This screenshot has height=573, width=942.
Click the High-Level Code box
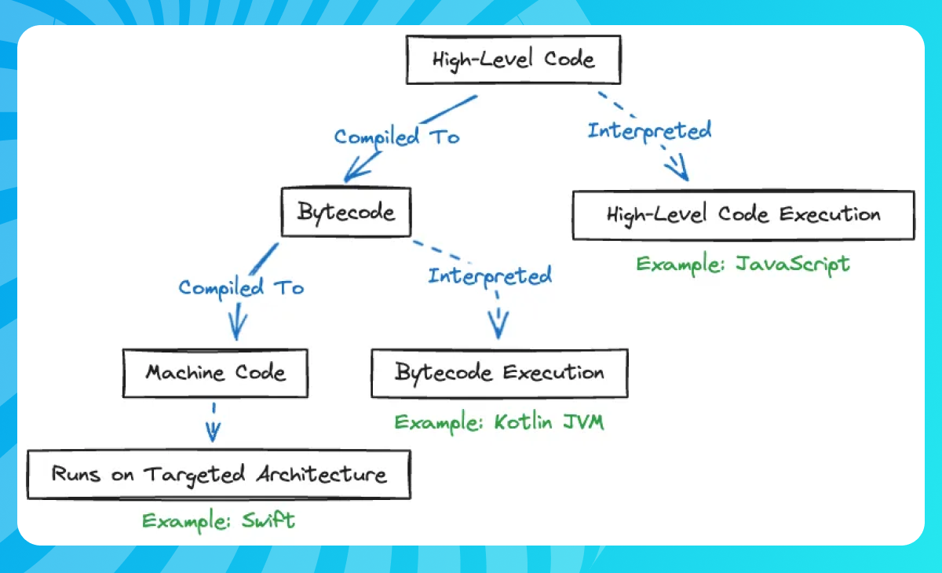click(x=513, y=59)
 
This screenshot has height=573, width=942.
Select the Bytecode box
click(x=346, y=213)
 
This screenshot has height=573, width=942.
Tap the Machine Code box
click(x=215, y=372)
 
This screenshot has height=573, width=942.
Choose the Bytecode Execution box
click(x=499, y=373)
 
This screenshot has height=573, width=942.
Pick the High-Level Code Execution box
click(x=743, y=214)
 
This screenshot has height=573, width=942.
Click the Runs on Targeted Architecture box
click(x=218, y=474)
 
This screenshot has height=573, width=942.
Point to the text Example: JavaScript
click(x=742, y=263)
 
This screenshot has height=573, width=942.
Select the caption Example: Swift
click(x=218, y=520)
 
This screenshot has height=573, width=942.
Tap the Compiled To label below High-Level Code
click(x=396, y=137)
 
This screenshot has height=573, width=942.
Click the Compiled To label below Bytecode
click(x=240, y=288)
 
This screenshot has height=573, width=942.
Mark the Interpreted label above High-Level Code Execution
click(x=649, y=130)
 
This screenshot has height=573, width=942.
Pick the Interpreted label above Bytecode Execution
click(x=489, y=276)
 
